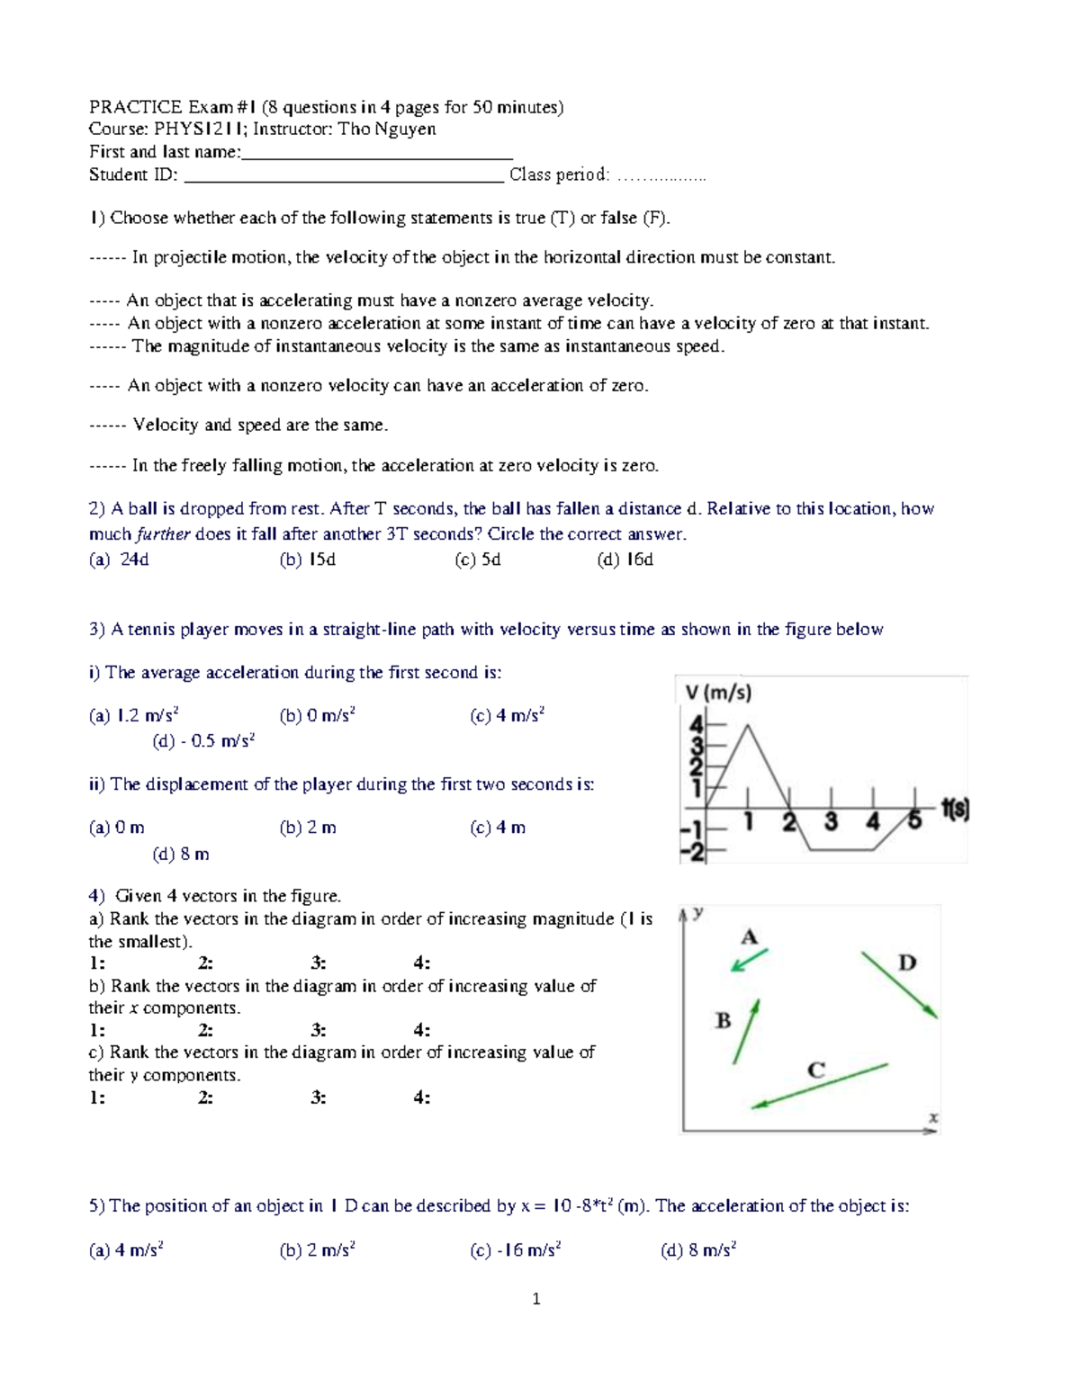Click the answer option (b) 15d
pyautogui.click(x=308, y=560)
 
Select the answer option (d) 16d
pyautogui.click(x=625, y=560)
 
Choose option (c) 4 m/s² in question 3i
pyautogui.click(x=508, y=716)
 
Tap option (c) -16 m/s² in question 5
pyautogui.click(x=516, y=1249)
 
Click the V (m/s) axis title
pyautogui.click(x=718, y=693)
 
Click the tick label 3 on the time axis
pyautogui.click(x=831, y=821)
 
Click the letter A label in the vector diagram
pyautogui.click(x=749, y=937)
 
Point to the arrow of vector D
pyautogui.click(x=900, y=985)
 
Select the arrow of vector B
pyautogui.click(x=747, y=1032)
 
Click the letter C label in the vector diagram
pyautogui.click(x=816, y=1070)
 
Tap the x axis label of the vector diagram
pyautogui.click(x=933, y=1118)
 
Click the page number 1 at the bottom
pyautogui.click(x=536, y=1298)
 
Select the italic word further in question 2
pyautogui.click(x=163, y=534)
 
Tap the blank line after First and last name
pyautogui.click(x=377, y=154)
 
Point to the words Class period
pyautogui.click(x=559, y=175)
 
